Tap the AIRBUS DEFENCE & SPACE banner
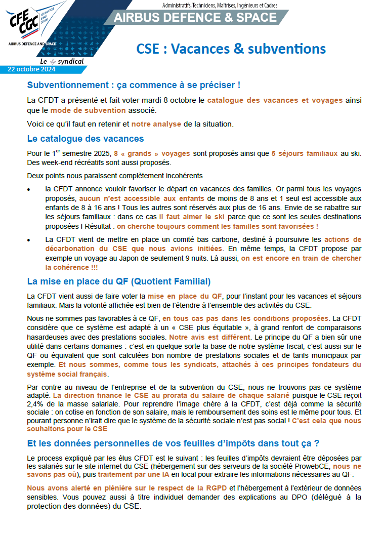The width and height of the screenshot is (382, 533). tap(195, 18)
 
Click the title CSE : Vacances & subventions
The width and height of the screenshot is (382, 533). tap(231, 49)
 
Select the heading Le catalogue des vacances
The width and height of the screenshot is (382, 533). tap(86, 139)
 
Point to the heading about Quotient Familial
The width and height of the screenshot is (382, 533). tap(119, 281)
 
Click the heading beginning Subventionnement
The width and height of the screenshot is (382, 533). tap(134, 85)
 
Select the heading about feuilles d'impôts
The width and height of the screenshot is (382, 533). tap(173, 443)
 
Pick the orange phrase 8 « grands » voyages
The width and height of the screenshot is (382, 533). tap(152, 153)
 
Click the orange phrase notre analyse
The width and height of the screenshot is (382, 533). tap(155, 124)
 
